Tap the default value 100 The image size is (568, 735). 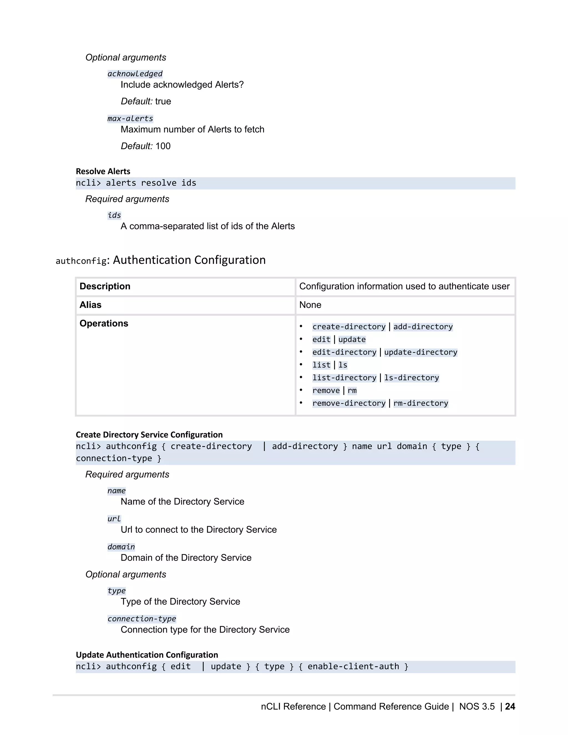coord(163,146)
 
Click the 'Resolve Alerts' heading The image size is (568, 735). coord(103,171)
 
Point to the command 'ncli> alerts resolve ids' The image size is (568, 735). coord(136,183)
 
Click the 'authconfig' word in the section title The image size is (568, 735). coord(81,261)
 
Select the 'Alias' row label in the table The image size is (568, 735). coord(90,305)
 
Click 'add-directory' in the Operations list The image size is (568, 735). coord(423,327)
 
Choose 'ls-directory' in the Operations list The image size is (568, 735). coord(411,378)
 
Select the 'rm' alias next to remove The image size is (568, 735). coord(352,391)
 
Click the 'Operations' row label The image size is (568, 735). coord(104,323)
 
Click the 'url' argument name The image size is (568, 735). coord(114,519)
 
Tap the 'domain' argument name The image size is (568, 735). coord(121,547)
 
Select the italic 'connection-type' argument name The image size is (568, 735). coord(141,619)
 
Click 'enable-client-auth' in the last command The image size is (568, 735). coord(353,667)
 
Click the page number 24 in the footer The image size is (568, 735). coord(510,706)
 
